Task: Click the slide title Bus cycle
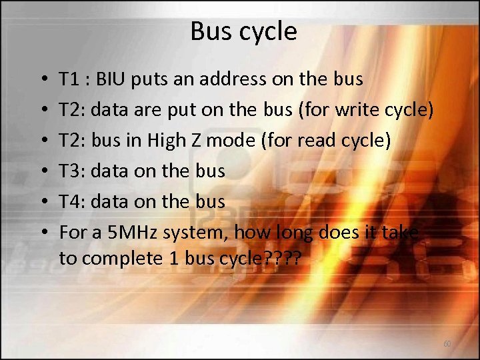tap(243, 31)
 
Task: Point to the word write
tap(350, 110)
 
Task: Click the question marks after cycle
tap(283, 258)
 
